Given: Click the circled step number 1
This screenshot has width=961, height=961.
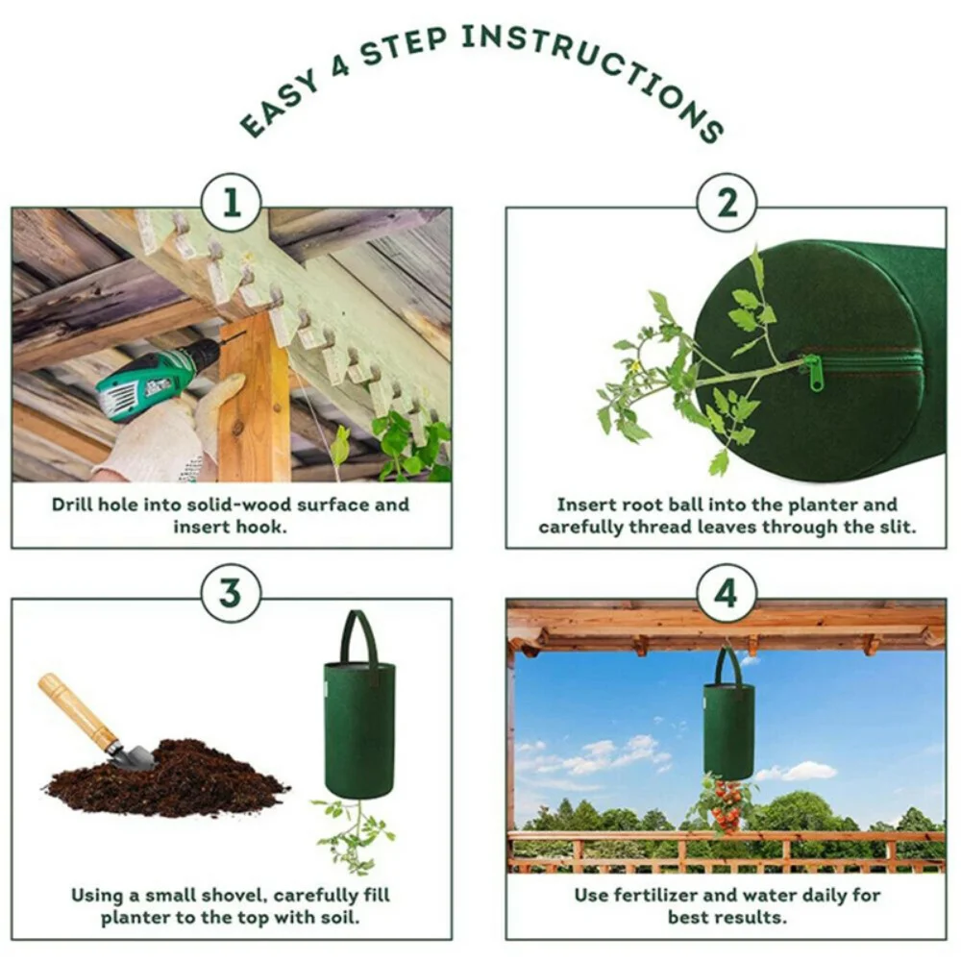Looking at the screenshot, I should [x=231, y=204].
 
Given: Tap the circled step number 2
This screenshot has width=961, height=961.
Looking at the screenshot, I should [x=727, y=204].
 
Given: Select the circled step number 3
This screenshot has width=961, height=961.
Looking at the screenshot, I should [x=231, y=593].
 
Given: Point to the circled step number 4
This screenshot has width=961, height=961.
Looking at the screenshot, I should [x=727, y=593].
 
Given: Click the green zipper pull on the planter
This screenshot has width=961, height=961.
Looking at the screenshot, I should [x=815, y=373].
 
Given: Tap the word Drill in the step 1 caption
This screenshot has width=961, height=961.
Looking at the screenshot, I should [x=74, y=505].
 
